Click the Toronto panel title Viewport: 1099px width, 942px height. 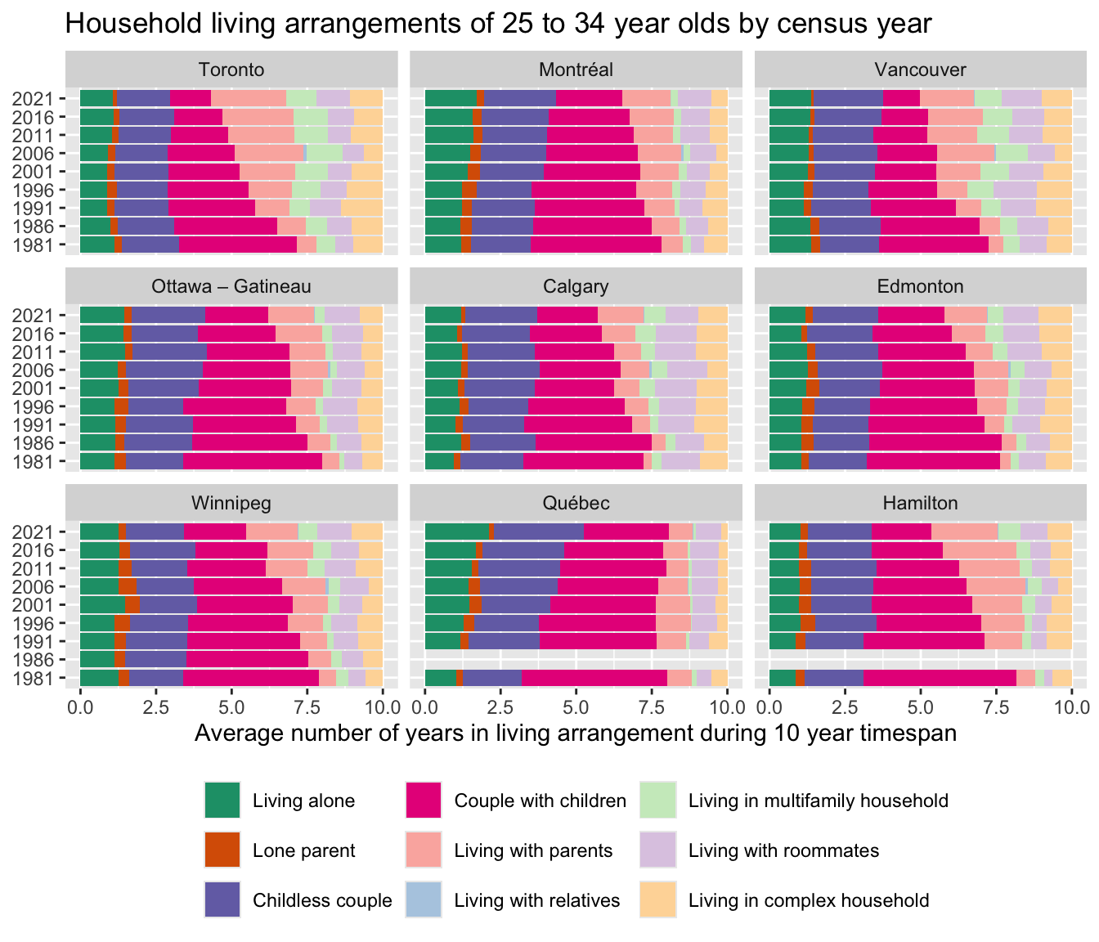pyautogui.click(x=231, y=70)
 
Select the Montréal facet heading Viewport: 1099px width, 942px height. pyautogui.click(x=576, y=70)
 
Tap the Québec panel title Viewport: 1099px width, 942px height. pyautogui.click(x=576, y=503)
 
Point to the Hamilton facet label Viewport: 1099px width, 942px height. pyautogui.click(x=920, y=503)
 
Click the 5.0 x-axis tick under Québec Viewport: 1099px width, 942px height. pyautogui.click(x=576, y=705)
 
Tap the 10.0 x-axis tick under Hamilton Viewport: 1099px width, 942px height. pyautogui.click(x=1071, y=705)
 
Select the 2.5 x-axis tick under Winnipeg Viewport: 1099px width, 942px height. pyautogui.click(x=155, y=705)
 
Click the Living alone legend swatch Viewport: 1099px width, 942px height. pyautogui.click(x=222, y=801)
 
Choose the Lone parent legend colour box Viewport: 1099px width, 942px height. pyautogui.click(x=222, y=850)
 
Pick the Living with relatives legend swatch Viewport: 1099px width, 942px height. pyautogui.click(x=424, y=900)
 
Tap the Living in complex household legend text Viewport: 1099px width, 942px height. pyautogui.click(x=808, y=900)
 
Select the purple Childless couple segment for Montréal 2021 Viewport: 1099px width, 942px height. pyautogui.click(x=519, y=98)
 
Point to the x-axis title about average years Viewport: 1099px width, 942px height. pyautogui.click(x=576, y=733)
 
